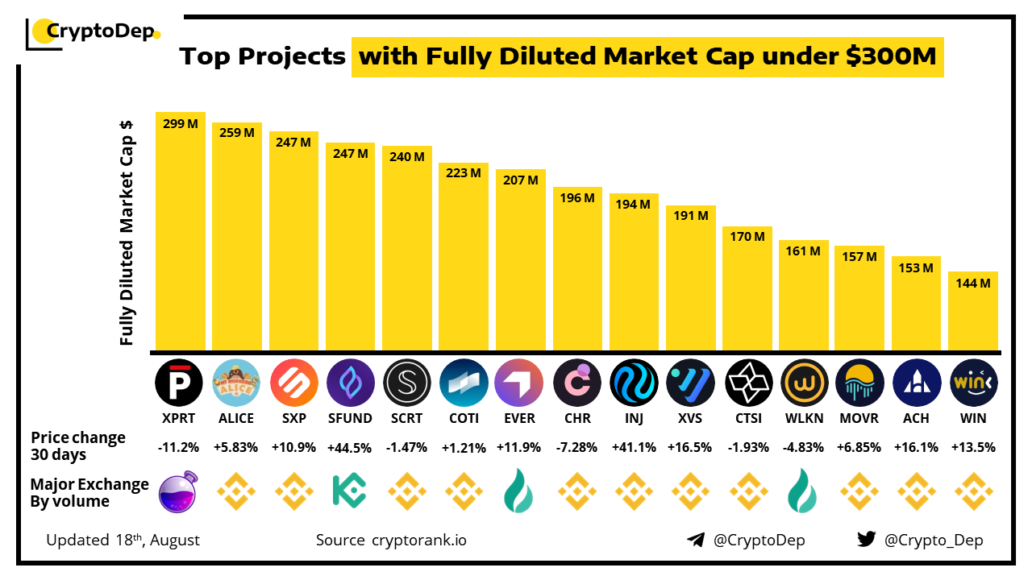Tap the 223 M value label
point(464,172)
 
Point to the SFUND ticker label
point(350,418)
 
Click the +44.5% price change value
point(350,447)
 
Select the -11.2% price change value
point(179,447)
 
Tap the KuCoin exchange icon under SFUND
point(350,491)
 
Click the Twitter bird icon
point(866,540)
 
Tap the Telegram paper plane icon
point(695,540)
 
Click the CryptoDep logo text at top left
point(100,32)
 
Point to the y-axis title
point(127,234)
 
